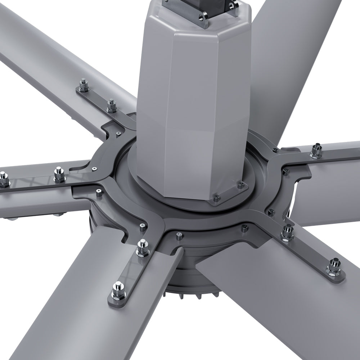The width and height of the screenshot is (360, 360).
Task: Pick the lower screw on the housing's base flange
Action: (216, 197)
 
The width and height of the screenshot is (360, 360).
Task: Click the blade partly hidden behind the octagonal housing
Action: (288, 54)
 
